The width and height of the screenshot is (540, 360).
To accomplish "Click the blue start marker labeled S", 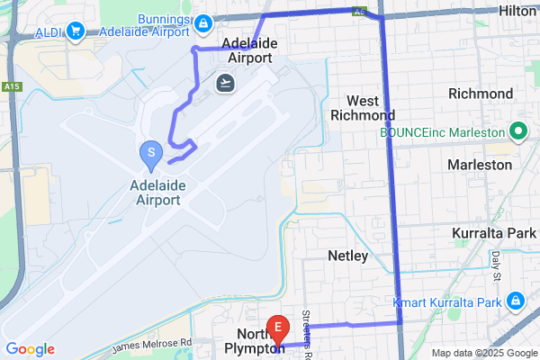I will (150, 152).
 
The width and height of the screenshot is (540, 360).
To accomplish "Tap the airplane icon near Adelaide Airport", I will (224, 83).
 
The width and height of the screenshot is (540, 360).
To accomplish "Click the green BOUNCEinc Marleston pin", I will (517, 132).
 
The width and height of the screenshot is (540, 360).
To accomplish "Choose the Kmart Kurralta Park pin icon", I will (516, 301).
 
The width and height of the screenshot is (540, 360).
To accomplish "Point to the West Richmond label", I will (363, 107).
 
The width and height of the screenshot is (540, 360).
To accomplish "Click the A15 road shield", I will (11, 86).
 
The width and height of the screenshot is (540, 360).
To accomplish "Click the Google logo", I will (30, 349).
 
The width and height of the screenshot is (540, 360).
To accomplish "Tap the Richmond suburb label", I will (481, 94).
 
